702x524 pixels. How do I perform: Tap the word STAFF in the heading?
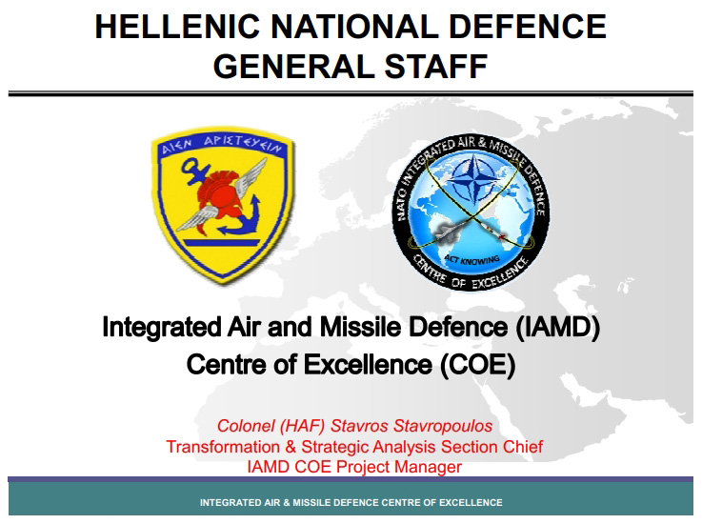[436, 67]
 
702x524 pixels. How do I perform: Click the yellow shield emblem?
[222, 206]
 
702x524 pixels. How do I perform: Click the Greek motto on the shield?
[222, 144]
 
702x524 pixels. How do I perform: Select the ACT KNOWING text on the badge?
[471, 259]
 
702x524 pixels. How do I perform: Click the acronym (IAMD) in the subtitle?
[557, 326]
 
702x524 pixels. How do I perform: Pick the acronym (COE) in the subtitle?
[477, 364]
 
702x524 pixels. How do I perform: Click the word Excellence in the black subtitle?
[368, 364]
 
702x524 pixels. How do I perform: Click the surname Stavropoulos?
[443, 426]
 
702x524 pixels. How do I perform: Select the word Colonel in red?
[246, 426]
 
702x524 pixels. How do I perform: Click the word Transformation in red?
[223, 447]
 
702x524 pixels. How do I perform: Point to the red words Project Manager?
[398, 467]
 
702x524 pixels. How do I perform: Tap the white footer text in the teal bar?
[351, 502]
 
